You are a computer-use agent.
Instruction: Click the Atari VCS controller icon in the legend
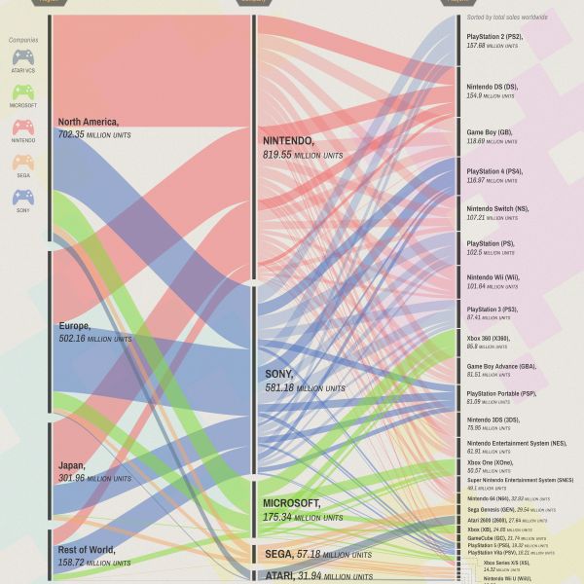pos(23,57)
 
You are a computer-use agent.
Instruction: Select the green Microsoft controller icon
pos(23,92)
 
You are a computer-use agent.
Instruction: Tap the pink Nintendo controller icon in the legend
pos(23,128)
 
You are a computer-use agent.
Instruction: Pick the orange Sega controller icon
pos(23,163)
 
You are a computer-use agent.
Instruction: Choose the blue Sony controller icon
pos(23,198)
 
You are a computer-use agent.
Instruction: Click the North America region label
pos(88,123)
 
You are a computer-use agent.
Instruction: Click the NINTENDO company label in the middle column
pos(288,141)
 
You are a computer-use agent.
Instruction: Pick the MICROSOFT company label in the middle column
pos(292,503)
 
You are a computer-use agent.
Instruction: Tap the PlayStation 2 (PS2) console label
pos(494,37)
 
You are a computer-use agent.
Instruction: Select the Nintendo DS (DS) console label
pos(493,87)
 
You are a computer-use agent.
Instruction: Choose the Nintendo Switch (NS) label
pos(497,208)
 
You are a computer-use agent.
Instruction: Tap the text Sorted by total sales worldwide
pos(507,18)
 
